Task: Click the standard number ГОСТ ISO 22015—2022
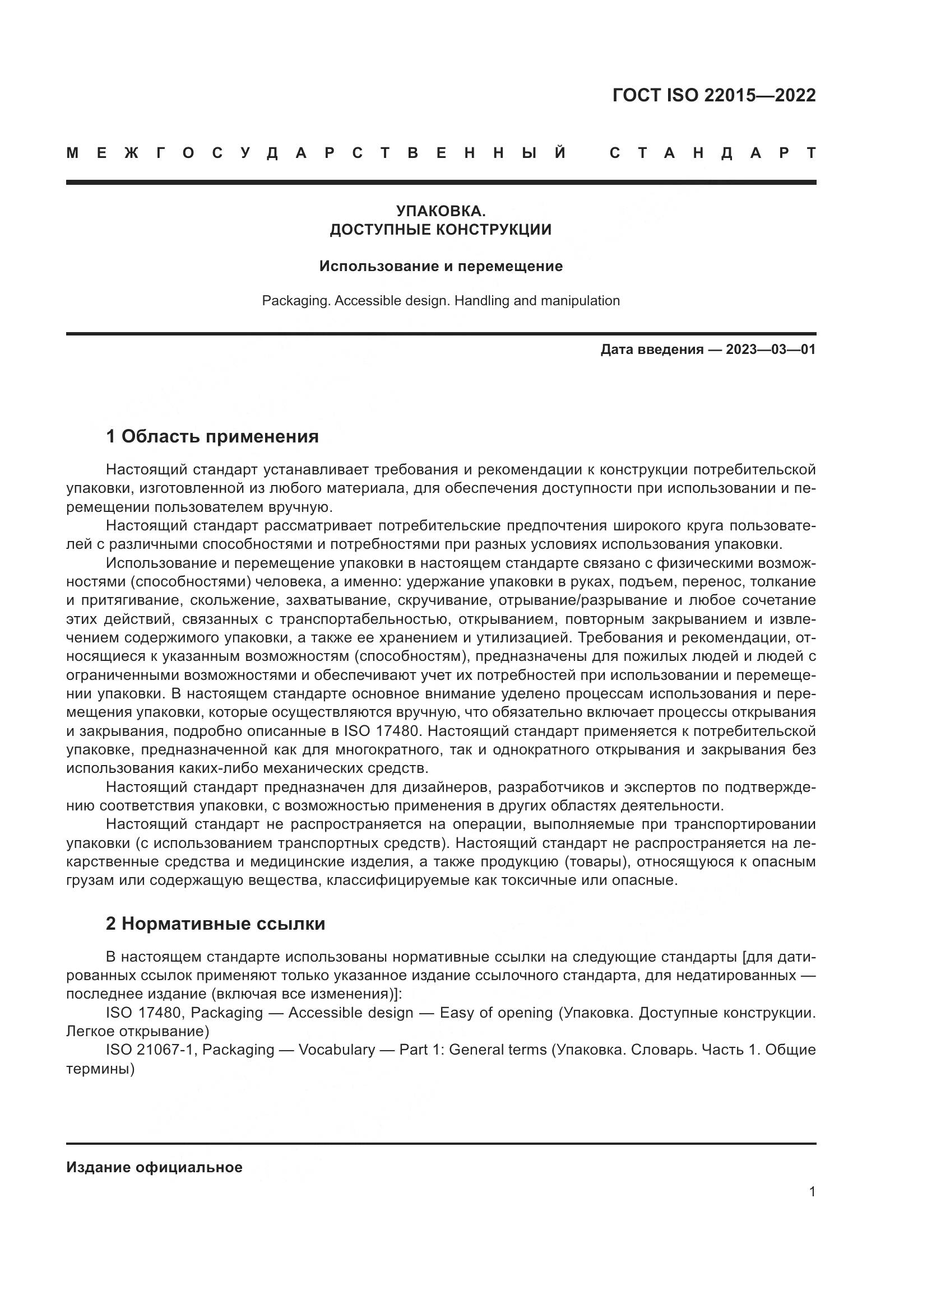(713, 95)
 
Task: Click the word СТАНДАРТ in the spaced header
(713, 153)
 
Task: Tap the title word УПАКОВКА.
(441, 211)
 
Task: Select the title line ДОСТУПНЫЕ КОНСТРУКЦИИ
(441, 230)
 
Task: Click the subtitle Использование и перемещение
(441, 266)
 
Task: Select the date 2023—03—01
(771, 349)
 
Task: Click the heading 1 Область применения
(212, 436)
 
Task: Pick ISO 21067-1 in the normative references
(150, 1050)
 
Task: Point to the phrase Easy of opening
(496, 1013)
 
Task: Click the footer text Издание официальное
(154, 1167)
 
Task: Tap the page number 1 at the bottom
(812, 1192)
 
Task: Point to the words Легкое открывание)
(137, 1032)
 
